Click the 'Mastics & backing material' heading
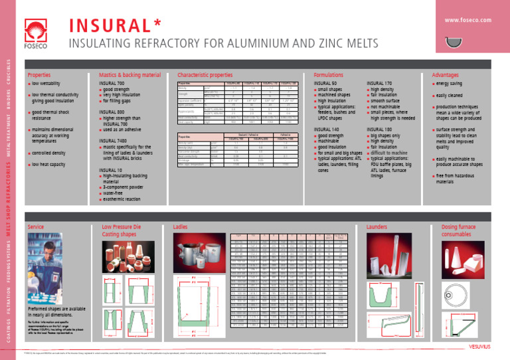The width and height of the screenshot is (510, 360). click(x=129, y=75)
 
